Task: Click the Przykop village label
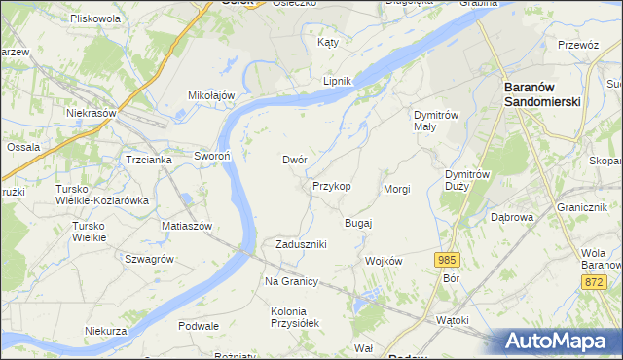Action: pos(331,185)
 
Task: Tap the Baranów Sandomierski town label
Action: pos(556,93)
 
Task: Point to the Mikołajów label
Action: pos(212,95)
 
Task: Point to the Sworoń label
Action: pos(211,156)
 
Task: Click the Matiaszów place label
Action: pos(187,225)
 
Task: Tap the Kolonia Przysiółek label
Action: pos(294,317)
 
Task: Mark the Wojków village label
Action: pos(383,261)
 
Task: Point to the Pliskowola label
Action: pos(95,18)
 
